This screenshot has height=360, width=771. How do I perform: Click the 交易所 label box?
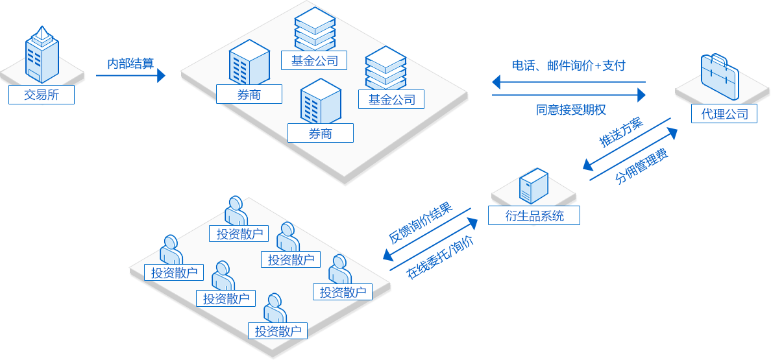[x=42, y=95]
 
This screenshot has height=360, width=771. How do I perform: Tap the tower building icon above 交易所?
[x=42, y=54]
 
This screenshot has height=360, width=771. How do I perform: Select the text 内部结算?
[x=131, y=64]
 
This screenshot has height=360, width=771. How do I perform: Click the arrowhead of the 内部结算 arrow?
[x=162, y=76]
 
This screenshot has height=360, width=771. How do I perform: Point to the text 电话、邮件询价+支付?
[x=569, y=66]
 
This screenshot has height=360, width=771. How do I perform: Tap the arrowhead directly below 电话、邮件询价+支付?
[x=496, y=82]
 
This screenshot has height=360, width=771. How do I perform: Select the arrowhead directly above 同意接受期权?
[x=641, y=95]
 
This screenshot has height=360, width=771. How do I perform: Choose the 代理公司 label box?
[x=724, y=114]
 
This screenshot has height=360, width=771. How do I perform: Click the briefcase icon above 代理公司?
[x=720, y=77]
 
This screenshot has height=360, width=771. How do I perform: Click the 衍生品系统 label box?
[x=534, y=215]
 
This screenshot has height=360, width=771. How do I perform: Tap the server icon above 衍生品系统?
[x=533, y=186]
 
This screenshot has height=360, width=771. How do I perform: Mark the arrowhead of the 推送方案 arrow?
[x=588, y=165]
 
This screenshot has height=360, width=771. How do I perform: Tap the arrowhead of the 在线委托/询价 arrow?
[x=472, y=224]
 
